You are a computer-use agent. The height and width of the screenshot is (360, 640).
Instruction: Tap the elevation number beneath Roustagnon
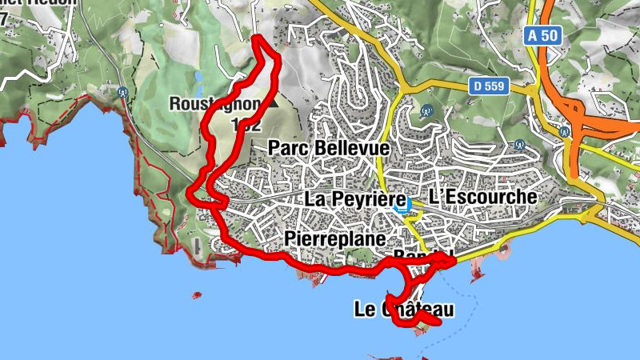point(246,125)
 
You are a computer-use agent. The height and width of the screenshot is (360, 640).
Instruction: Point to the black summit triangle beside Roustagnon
point(274,103)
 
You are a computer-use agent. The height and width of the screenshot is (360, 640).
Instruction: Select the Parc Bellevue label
point(329,148)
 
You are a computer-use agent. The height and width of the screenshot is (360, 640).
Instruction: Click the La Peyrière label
point(350,198)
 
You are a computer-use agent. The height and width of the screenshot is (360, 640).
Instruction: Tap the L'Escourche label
point(482,196)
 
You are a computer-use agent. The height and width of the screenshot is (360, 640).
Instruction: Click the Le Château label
point(403,309)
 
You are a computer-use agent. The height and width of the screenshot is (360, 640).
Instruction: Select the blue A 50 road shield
point(542,36)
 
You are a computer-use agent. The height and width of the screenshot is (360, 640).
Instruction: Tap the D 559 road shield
point(489,86)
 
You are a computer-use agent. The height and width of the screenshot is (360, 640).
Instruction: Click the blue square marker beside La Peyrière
point(402,205)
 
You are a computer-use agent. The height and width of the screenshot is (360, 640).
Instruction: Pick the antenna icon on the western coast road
point(122,92)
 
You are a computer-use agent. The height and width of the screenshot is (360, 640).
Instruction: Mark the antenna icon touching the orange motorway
point(565,130)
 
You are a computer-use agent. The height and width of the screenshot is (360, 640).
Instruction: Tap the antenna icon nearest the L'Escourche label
point(518,146)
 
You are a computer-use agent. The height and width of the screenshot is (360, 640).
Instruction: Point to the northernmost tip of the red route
point(258,38)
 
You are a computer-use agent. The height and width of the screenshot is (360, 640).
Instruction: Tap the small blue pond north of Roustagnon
point(197,78)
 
